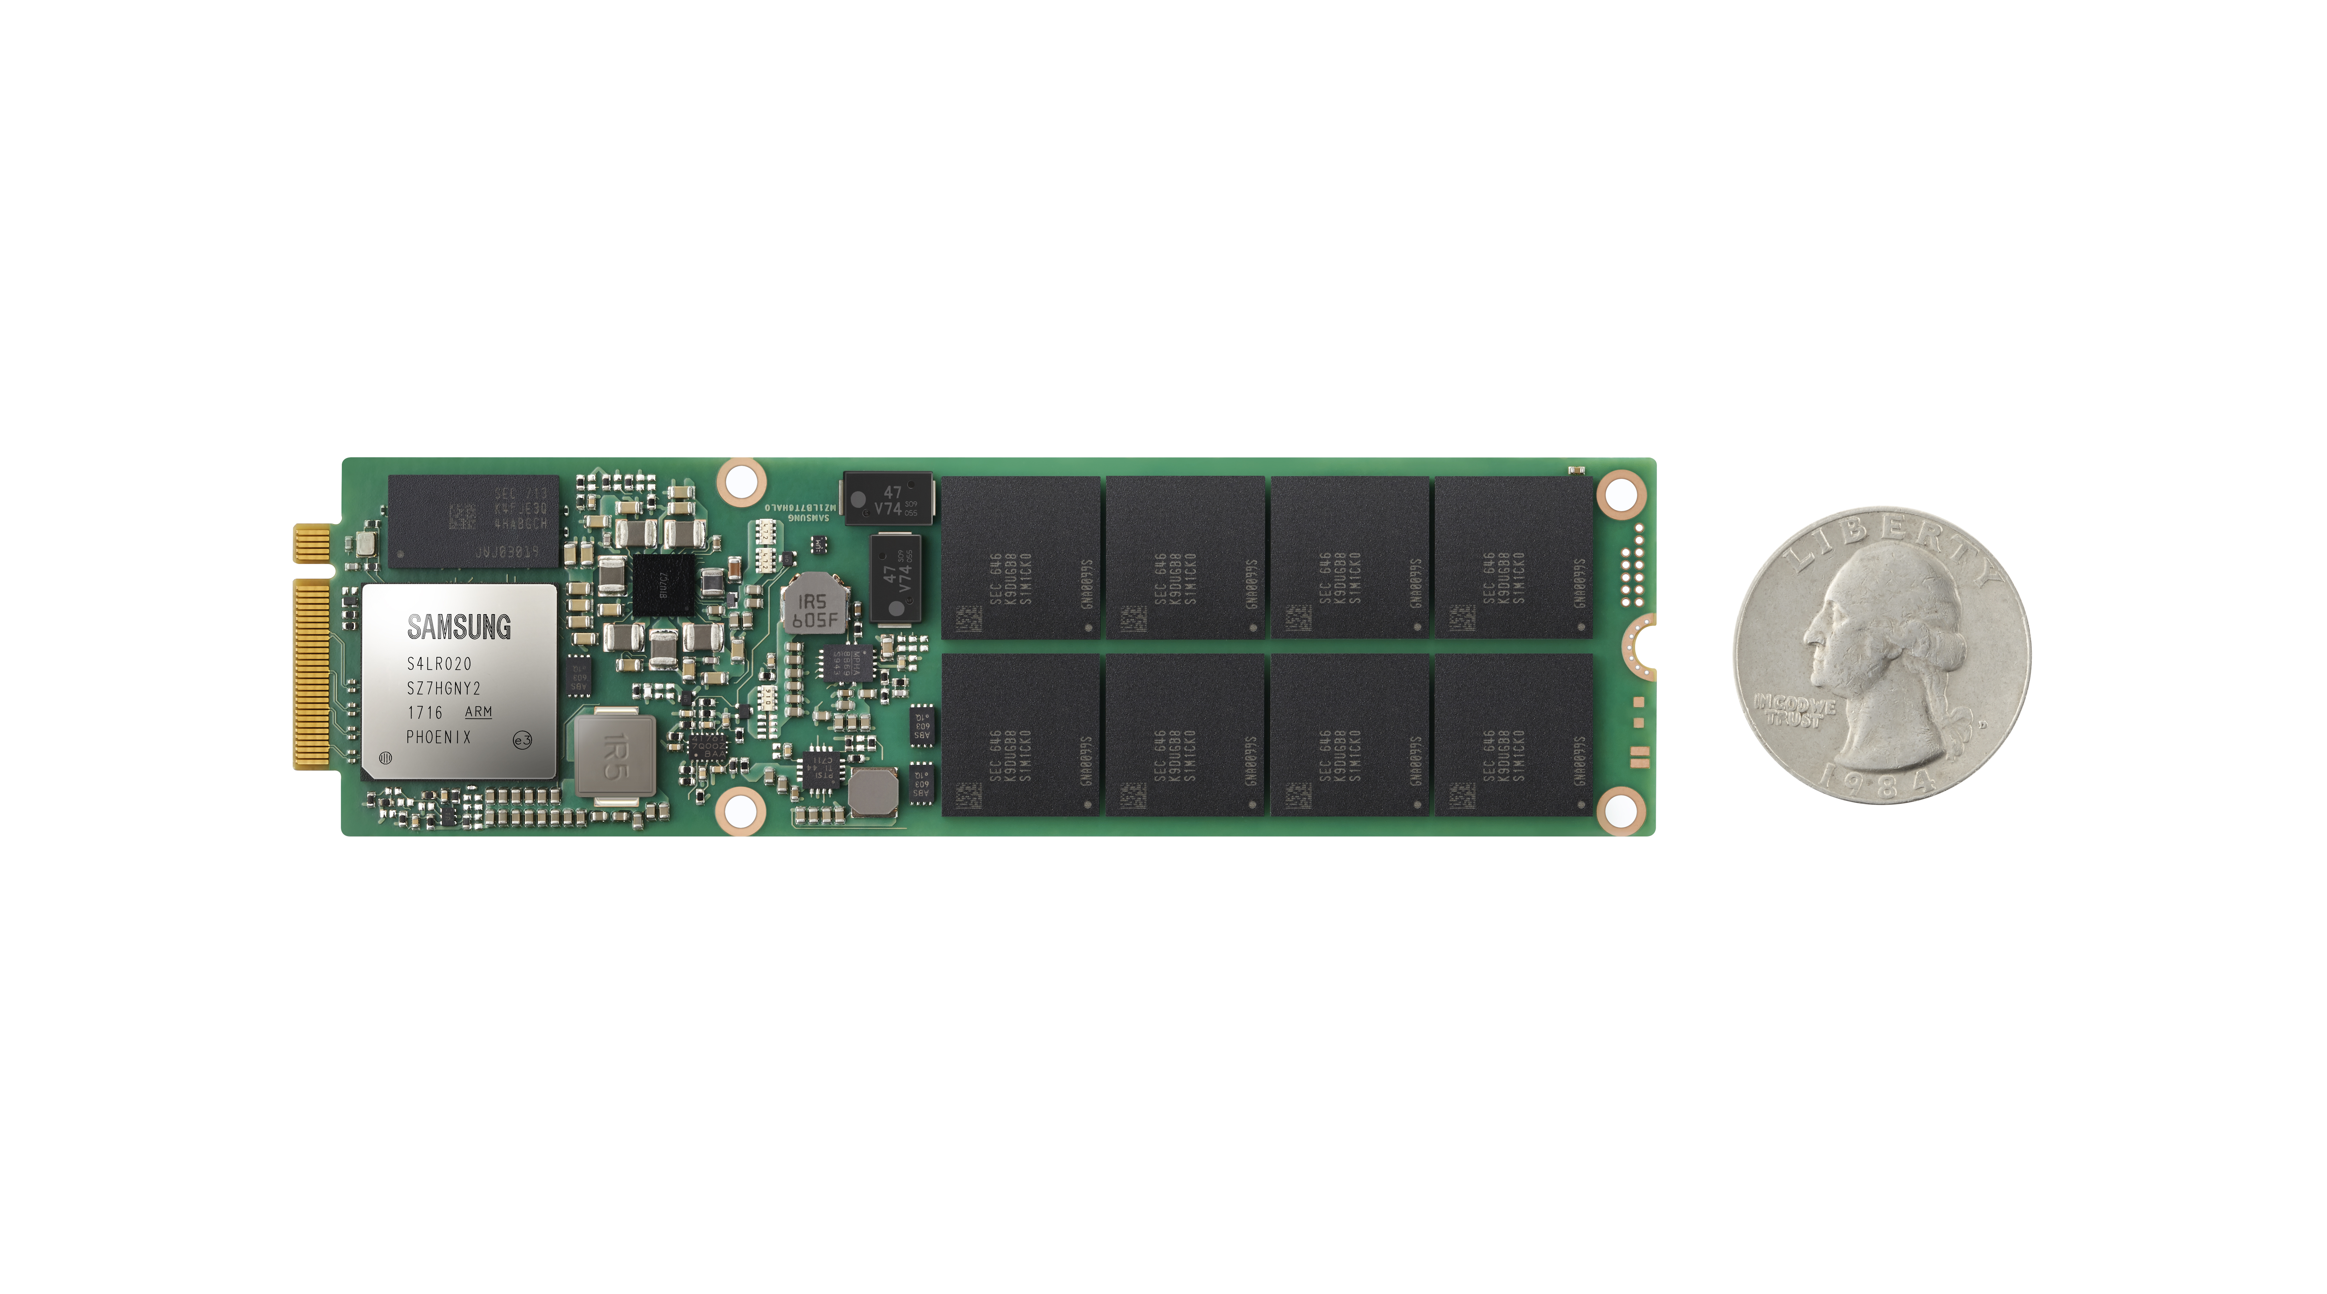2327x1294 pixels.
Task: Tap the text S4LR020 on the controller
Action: pos(439,664)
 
